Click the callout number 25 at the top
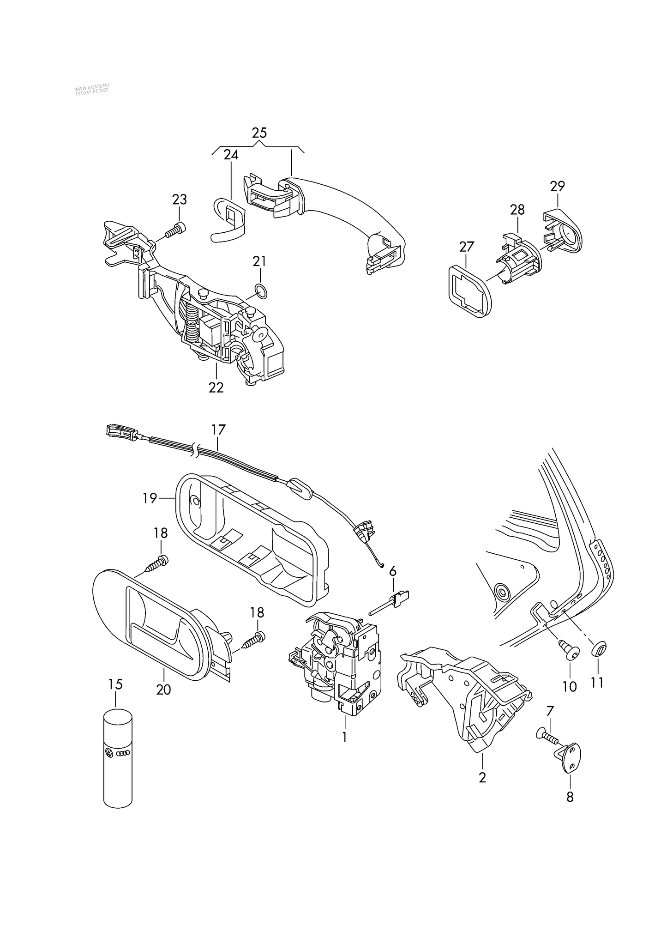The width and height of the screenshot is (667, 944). click(x=259, y=133)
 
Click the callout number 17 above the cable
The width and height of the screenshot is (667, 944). click(x=218, y=430)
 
